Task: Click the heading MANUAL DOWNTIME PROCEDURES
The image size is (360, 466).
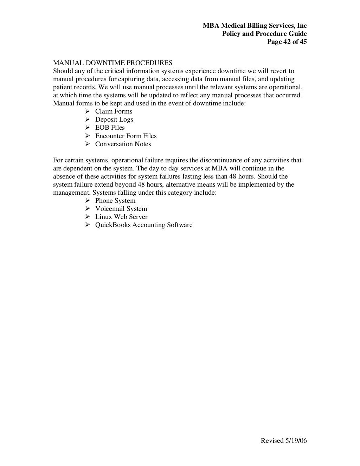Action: [112, 63]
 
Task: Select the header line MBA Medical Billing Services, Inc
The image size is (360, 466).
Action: [255, 26]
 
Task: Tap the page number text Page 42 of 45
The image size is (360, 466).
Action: [287, 42]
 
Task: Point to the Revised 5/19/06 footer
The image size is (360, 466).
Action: [284, 441]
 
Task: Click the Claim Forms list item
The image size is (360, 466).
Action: [114, 111]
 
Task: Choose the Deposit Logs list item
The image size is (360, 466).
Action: [114, 119]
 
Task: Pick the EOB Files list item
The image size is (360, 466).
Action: [110, 128]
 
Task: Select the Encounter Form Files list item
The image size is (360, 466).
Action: [126, 136]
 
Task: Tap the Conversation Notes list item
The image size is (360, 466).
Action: [123, 144]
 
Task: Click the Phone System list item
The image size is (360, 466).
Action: [115, 201]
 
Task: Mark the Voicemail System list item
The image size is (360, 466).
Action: [121, 209]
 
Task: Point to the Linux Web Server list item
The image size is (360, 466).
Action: [121, 217]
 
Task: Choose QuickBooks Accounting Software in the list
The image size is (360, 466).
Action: [144, 225]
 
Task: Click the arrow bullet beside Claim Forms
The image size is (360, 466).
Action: [88, 111]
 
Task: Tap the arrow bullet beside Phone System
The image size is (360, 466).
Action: [88, 201]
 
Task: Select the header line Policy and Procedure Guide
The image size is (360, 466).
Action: [264, 34]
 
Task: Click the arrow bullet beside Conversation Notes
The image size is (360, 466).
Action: [88, 144]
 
